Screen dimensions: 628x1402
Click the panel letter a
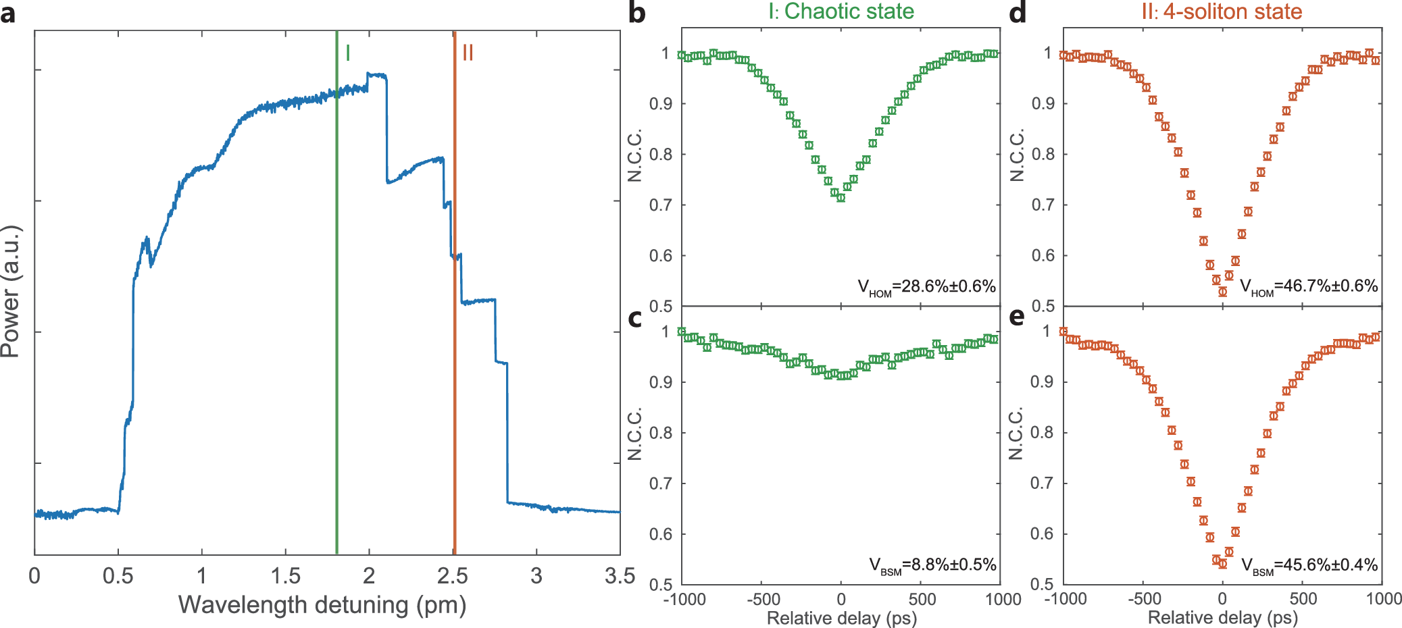coord(8,14)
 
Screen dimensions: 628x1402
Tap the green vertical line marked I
coord(336,304)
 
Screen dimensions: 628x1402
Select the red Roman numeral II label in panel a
coord(468,53)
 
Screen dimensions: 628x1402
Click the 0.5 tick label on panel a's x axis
coord(118,576)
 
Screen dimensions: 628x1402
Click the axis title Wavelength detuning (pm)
coord(322,605)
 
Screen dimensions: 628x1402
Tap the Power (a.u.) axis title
coord(11,292)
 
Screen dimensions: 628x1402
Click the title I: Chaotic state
coord(841,11)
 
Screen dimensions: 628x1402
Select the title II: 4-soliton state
coord(1222,11)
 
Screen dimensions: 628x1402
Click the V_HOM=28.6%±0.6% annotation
coord(926,287)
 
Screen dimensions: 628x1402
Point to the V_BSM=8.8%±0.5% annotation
coord(932,565)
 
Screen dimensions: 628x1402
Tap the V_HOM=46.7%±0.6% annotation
coord(1309,287)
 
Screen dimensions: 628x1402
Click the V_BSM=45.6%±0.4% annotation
coord(1309,565)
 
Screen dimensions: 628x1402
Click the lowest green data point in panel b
coord(841,198)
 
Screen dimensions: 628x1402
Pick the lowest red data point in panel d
coord(1222,292)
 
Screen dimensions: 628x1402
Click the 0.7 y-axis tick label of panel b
coord(660,205)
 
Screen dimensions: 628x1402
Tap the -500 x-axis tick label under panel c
coord(763,599)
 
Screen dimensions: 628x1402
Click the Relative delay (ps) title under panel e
coord(1222,617)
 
